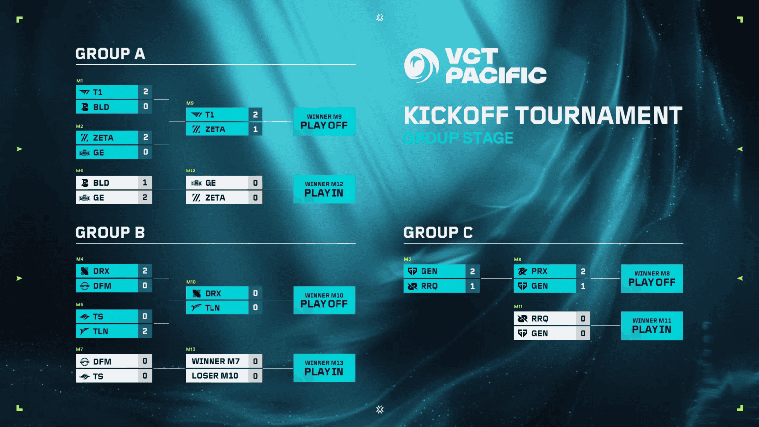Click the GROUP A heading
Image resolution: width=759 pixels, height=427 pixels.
click(x=110, y=54)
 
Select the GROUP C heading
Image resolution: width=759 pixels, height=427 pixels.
click(x=438, y=233)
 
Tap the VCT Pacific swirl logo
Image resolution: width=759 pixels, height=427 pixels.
click(x=421, y=65)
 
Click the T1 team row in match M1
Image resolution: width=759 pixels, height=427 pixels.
click(x=107, y=92)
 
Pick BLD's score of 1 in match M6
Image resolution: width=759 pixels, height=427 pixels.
click(x=145, y=183)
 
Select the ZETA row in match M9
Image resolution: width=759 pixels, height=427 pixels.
click(x=217, y=129)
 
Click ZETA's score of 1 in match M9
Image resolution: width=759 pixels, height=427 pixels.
click(x=255, y=129)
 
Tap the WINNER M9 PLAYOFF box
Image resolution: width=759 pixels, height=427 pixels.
click(x=324, y=122)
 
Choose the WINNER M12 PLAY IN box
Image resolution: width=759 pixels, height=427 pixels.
click(x=324, y=189)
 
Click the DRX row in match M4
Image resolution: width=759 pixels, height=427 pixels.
click(x=107, y=271)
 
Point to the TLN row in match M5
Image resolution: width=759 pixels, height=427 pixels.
click(x=107, y=331)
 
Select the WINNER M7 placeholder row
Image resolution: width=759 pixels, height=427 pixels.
click(x=217, y=361)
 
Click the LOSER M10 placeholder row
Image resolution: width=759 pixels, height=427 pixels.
click(x=217, y=376)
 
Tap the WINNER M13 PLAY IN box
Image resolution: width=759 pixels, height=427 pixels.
click(x=324, y=368)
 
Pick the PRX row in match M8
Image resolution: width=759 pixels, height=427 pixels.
click(x=545, y=271)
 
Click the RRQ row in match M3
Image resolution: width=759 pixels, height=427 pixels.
click(x=435, y=286)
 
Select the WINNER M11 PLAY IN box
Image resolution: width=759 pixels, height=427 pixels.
click(x=652, y=326)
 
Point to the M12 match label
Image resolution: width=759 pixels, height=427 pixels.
click(x=191, y=171)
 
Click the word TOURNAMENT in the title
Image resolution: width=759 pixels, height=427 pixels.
click(x=599, y=116)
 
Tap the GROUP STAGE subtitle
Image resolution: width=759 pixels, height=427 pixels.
click(x=459, y=138)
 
